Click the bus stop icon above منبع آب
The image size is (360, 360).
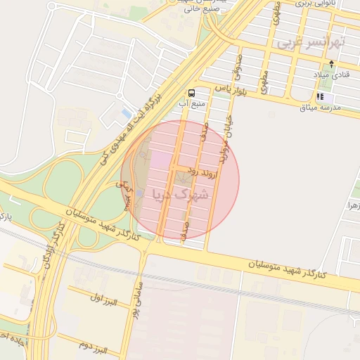click(x=192, y=93)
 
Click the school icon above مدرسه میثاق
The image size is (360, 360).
click(x=321, y=96)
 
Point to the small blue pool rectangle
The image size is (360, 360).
click(x=127, y=113)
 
